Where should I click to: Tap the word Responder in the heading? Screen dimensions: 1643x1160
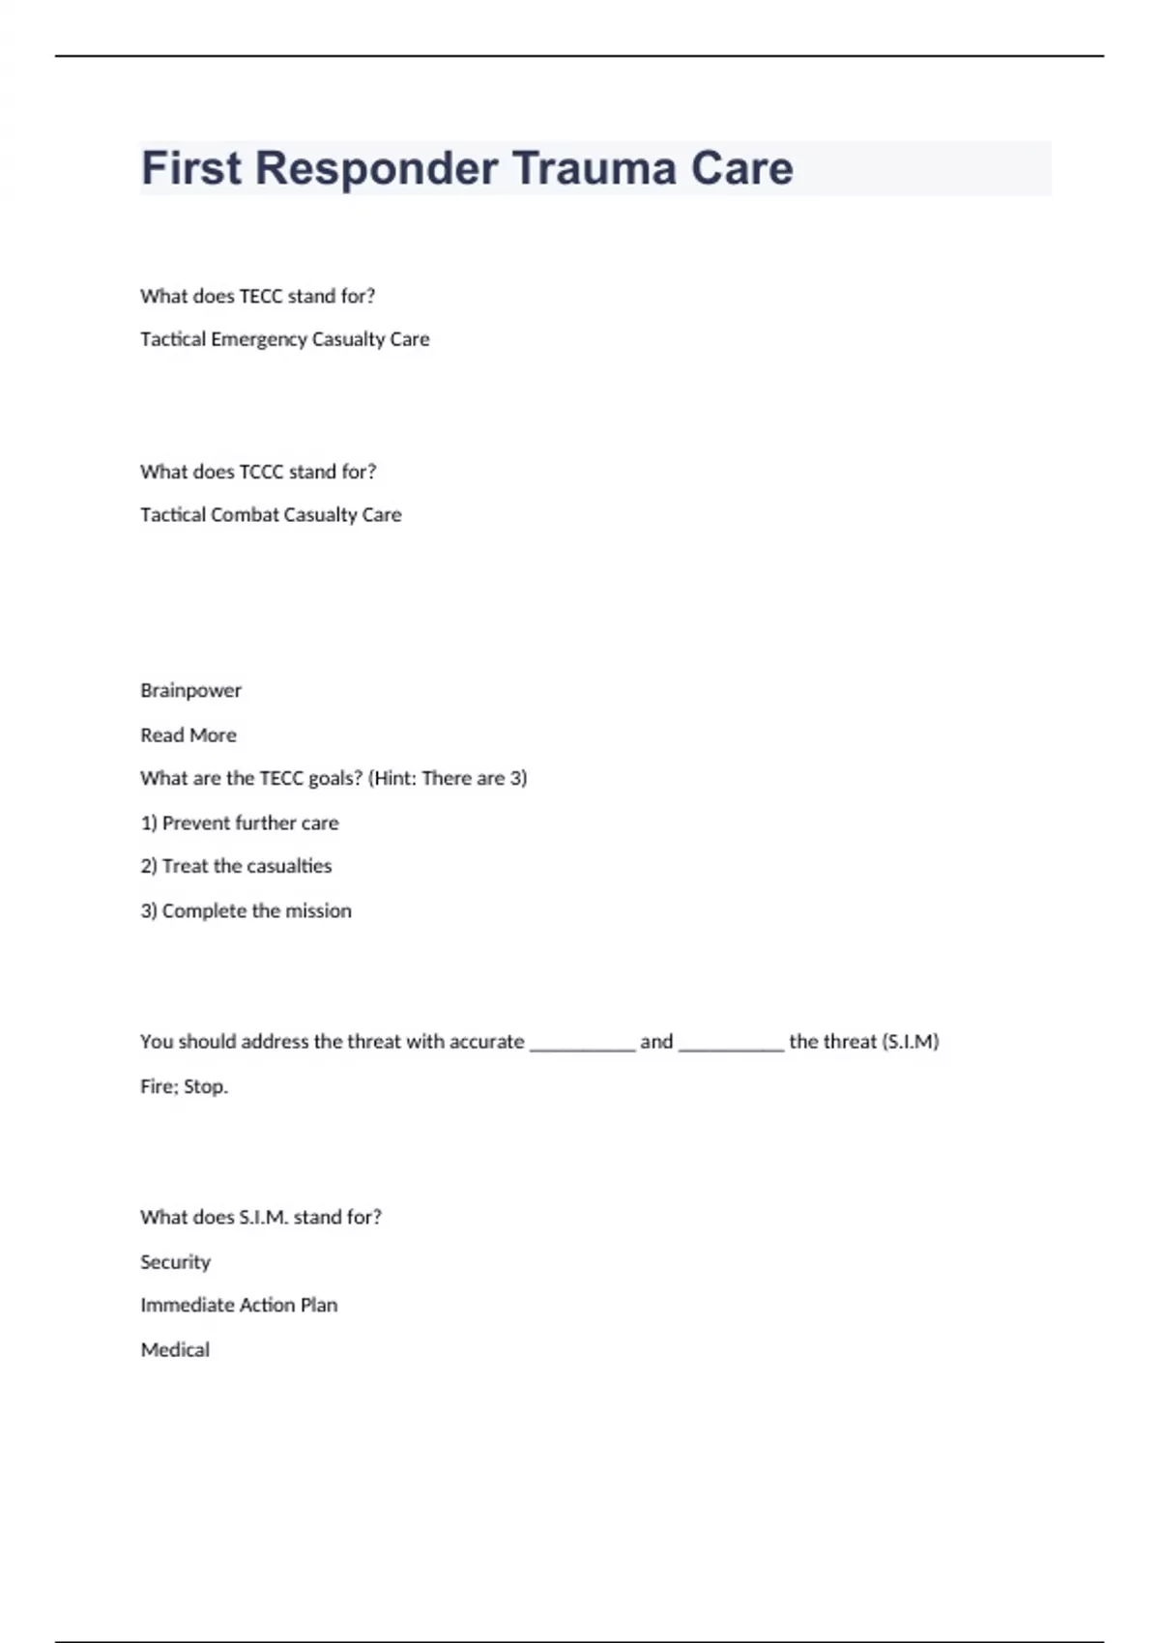point(376,168)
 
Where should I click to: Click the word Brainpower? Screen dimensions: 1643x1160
point(190,691)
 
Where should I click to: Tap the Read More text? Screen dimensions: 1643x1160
point(188,735)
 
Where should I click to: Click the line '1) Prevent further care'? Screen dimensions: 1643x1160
point(239,823)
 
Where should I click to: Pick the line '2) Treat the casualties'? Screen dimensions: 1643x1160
point(236,867)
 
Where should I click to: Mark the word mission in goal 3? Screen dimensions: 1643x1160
point(318,911)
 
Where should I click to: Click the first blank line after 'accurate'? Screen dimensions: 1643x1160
point(582,1044)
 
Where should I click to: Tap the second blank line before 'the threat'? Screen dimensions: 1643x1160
point(731,1044)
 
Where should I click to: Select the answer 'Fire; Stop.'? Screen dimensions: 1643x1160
point(184,1086)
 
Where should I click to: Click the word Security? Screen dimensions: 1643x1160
point(175,1262)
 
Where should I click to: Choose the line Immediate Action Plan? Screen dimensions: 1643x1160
point(239,1306)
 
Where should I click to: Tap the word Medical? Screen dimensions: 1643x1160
point(175,1350)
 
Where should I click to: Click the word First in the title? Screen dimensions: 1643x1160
point(191,168)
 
